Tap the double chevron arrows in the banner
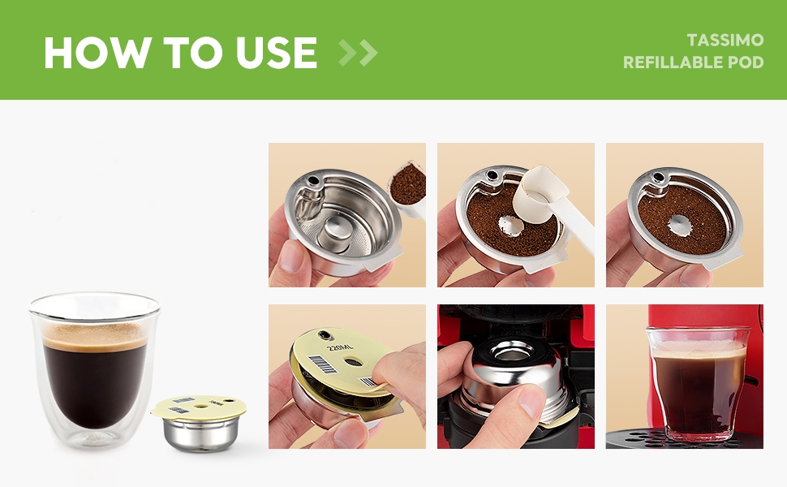358,54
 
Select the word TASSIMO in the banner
725,40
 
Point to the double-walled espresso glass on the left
93,369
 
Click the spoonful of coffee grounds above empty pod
406,187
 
